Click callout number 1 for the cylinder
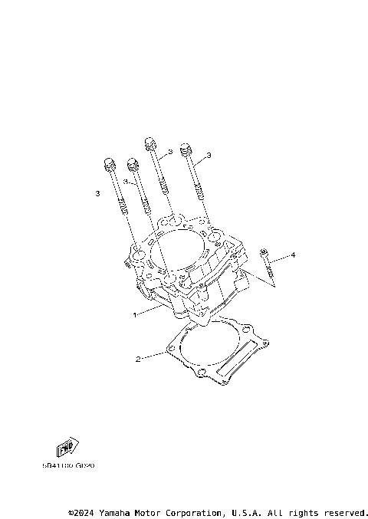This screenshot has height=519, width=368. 135,314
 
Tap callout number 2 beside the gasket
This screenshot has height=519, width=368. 138,359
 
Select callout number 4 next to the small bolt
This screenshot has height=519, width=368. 292,254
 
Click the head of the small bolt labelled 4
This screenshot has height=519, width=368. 264,252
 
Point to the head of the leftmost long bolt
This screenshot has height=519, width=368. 108,163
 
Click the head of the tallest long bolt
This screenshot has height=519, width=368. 150,143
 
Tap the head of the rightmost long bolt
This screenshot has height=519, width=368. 184,149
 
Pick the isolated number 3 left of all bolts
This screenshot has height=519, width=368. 98,194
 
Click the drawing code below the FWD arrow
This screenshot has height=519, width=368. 68,465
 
